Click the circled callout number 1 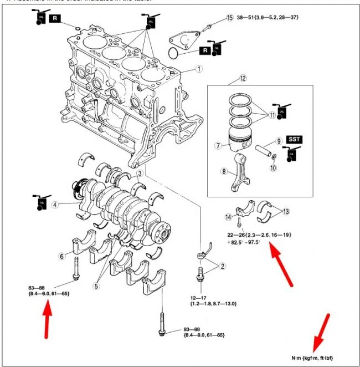(199, 70)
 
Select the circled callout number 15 (230, 18)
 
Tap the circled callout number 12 (242, 78)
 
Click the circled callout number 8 (224, 172)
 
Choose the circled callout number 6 (61, 256)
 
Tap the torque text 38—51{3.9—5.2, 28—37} (268, 18)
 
